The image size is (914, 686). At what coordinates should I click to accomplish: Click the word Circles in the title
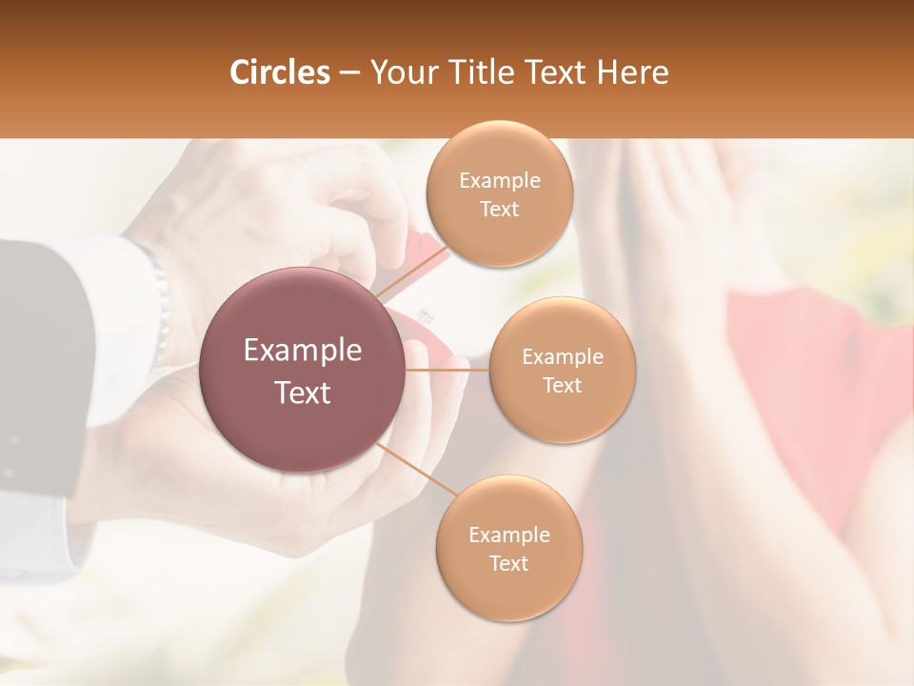pos(280,72)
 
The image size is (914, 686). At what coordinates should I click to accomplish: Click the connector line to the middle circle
pos(447,369)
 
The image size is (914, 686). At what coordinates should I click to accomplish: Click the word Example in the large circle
pos(303,351)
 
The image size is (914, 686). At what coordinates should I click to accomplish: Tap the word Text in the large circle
pos(303,393)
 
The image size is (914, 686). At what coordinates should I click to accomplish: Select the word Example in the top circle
pos(499,180)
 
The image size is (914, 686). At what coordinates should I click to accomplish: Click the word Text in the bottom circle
pos(508,563)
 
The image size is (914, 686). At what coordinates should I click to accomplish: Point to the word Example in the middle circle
pos(562,356)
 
